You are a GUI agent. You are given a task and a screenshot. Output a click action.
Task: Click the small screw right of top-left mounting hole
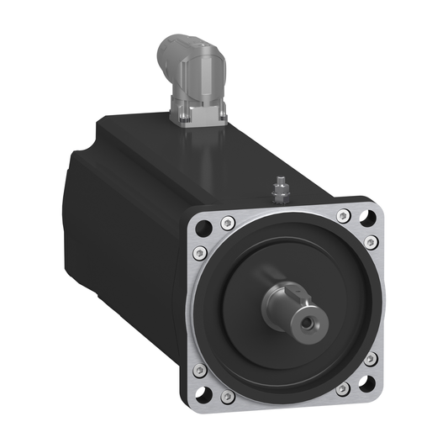click(227, 223)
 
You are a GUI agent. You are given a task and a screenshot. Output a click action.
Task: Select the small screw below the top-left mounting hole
click(200, 254)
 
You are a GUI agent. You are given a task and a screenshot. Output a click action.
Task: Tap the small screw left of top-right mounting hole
click(342, 215)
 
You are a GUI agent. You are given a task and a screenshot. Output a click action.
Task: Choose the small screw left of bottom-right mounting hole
click(343, 390)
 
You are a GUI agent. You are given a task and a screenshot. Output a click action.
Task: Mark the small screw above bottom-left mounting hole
click(200, 369)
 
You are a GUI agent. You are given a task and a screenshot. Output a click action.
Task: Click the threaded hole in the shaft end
click(315, 321)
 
